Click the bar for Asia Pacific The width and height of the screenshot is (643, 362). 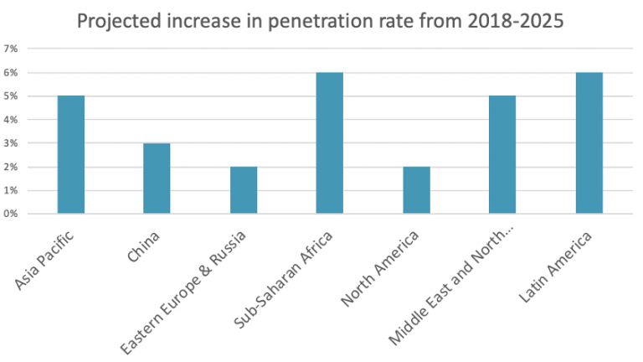pos(70,155)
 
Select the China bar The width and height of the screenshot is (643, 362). pos(157,178)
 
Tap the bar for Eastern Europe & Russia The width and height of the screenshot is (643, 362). pos(243,190)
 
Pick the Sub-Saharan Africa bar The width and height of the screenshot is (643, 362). pos(329,143)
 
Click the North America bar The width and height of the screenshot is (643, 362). pos(416,190)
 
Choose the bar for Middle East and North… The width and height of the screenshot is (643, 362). pos(502,155)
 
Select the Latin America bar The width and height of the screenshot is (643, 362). pos(589,143)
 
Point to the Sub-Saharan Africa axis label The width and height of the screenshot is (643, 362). pos(286,277)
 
